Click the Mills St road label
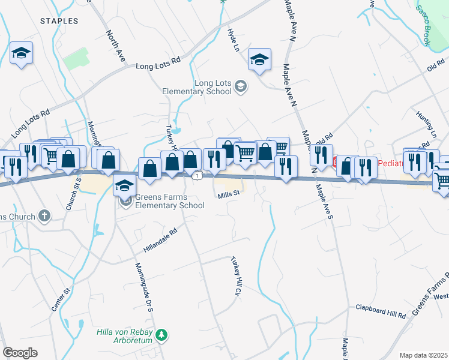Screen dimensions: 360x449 [229, 194]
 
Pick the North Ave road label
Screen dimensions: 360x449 [115, 45]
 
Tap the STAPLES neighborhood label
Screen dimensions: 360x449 [59, 21]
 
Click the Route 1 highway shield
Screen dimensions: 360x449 [197, 175]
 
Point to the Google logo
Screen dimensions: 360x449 [20, 353]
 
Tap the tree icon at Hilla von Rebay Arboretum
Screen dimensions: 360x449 [161, 334]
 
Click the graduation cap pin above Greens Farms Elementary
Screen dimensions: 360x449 [125, 185]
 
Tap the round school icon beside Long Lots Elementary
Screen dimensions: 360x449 [241, 87]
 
